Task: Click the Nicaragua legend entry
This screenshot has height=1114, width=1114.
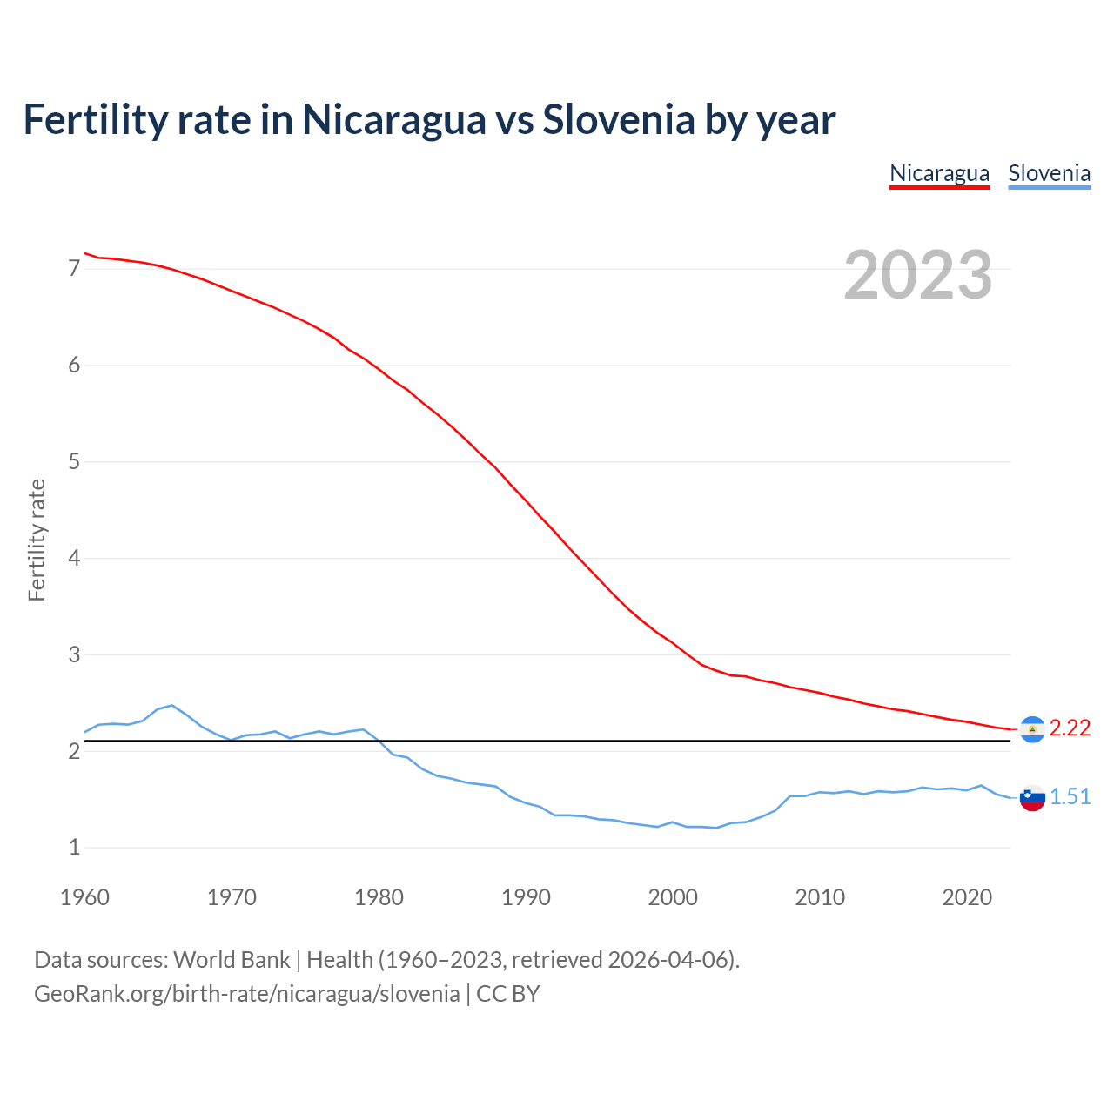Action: (x=939, y=173)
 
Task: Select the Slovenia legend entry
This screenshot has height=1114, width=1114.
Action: (x=1049, y=173)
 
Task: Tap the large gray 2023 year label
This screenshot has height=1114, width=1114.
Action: (x=918, y=275)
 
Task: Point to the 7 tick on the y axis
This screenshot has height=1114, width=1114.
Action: (x=74, y=268)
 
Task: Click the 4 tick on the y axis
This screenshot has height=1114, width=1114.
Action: (x=74, y=558)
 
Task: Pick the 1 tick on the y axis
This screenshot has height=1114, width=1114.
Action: (x=74, y=847)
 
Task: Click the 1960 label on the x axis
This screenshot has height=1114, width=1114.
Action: (x=84, y=897)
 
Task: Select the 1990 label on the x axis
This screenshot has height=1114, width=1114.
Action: (x=526, y=897)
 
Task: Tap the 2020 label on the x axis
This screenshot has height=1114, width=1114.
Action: (x=967, y=897)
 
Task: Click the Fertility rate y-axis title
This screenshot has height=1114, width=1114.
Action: (x=37, y=540)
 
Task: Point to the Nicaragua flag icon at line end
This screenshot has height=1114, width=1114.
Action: (x=1032, y=729)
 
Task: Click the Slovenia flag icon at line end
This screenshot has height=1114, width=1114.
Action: (x=1032, y=797)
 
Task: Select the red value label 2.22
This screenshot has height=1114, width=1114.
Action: (x=1070, y=728)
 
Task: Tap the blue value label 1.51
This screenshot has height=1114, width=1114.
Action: (x=1070, y=796)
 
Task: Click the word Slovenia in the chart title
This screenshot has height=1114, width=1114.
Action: (x=618, y=119)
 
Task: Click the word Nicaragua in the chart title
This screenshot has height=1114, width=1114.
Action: (x=393, y=119)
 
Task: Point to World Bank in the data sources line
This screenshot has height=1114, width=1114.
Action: (x=232, y=959)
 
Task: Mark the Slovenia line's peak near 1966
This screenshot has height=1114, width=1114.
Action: (x=172, y=705)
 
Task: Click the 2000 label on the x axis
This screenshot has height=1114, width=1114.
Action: (x=673, y=897)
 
